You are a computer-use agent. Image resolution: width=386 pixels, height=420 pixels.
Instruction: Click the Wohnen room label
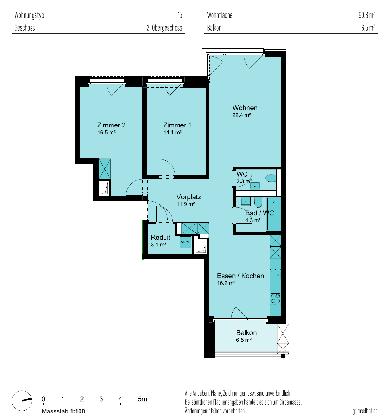click(x=245, y=108)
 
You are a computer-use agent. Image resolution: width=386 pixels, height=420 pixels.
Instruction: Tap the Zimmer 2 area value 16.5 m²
click(x=106, y=132)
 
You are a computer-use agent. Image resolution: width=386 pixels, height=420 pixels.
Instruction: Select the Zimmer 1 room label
click(x=177, y=125)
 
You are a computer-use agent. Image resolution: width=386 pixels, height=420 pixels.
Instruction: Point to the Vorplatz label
click(x=189, y=197)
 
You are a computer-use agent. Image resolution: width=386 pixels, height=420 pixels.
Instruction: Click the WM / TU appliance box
click(x=185, y=242)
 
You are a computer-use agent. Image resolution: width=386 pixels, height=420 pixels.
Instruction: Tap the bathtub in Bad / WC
click(x=273, y=214)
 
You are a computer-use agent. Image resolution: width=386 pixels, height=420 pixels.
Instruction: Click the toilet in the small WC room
click(x=271, y=178)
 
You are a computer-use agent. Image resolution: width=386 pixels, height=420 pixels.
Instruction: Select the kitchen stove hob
click(x=276, y=298)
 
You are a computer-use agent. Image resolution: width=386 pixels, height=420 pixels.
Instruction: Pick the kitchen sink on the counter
click(x=276, y=275)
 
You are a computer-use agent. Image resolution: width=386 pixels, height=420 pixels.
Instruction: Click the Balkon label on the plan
click(x=246, y=333)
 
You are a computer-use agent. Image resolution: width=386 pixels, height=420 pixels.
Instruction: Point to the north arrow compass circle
click(x=22, y=401)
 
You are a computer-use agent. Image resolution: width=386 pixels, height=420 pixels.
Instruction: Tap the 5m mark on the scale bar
click(x=142, y=399)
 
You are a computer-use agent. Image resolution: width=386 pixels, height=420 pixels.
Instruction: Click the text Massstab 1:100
click(x=63, y=411)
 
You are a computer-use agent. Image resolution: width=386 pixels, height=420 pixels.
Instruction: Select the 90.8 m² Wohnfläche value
click(x=366, y=15)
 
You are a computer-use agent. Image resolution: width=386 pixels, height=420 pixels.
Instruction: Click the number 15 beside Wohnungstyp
click(x=180, y=15)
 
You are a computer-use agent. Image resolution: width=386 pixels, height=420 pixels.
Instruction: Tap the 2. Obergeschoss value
click(x=164, y=28)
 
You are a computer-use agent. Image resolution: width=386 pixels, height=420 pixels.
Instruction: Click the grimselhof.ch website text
click(x=365, y=411)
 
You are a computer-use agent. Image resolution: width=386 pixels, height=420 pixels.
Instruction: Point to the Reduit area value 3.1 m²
click(x=158, y=244)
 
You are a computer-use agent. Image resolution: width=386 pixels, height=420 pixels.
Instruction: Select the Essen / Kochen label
click(x=241, y=276)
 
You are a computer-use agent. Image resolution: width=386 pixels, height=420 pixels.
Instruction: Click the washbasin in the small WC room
click(x=255, y=185)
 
